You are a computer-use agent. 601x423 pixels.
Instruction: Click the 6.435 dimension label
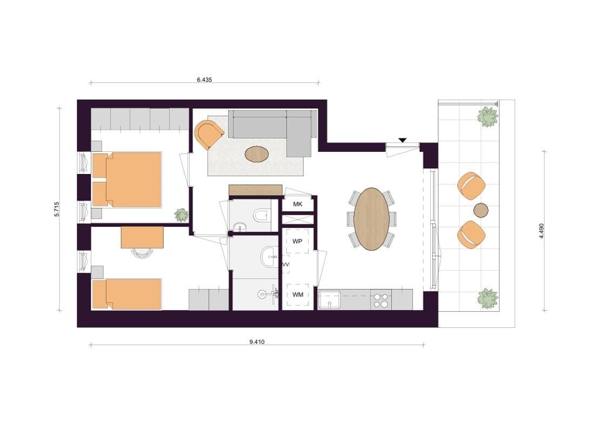click(x=204, y=80)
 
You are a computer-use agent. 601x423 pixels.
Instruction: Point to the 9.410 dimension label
click(x=257, y=342)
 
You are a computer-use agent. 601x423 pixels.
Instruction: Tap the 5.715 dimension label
click(x=57, y=209)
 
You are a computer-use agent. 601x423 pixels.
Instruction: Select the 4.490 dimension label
click(x=542, y=231)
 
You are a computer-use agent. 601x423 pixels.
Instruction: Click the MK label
click(x=298, y=204)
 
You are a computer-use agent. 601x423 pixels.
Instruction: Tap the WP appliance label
click(x=297, y=241)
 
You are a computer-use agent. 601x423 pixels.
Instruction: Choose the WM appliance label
click(x=298, y=294)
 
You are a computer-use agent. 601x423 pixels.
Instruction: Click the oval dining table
click(x=371, y=219)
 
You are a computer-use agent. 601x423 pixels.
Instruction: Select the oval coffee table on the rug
click(x=257, y=154)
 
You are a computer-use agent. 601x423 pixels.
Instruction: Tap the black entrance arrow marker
click(x=402, y=140)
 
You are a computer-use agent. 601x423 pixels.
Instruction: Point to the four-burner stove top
click(x=381, y=300)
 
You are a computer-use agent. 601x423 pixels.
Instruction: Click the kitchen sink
click(x=329, y=300)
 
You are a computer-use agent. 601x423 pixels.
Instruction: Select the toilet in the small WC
click(x=262, y=215)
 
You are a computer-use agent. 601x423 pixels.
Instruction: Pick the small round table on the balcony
click(x=480, y=210)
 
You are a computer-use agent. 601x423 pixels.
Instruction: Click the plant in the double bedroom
click(x=181, y=215)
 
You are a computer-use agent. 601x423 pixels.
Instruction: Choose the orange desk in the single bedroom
click(x=142, y=237)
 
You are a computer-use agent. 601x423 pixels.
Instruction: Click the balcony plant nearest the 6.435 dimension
click(x=488, y=117)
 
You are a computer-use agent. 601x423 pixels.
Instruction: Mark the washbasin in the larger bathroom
click(x=271, y=256)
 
